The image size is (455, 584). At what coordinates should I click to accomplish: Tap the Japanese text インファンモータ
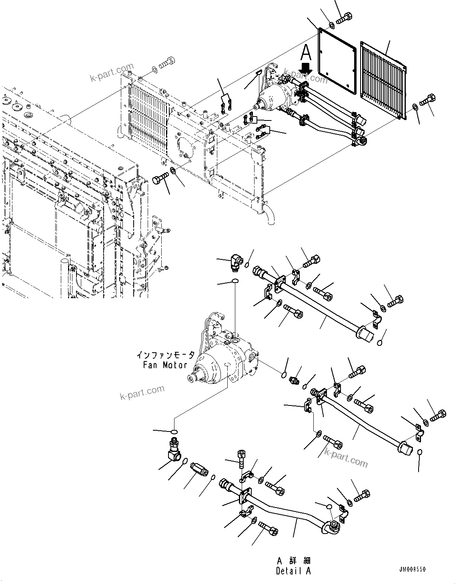click(165, 355)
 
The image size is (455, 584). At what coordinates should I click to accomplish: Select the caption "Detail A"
click(293, 571)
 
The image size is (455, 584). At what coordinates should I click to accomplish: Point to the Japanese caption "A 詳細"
click(293, 561)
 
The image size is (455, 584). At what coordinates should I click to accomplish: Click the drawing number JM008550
click(412, 570)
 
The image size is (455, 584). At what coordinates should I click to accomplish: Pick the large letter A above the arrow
click(306, 52)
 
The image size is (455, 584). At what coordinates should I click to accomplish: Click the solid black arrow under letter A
click(306, 68)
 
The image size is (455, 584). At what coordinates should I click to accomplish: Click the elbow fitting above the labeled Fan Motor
click(236, 263)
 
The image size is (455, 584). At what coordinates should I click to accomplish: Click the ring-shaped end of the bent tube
click(332, 528)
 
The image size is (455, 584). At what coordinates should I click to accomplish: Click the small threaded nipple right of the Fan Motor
click(296, 381)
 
